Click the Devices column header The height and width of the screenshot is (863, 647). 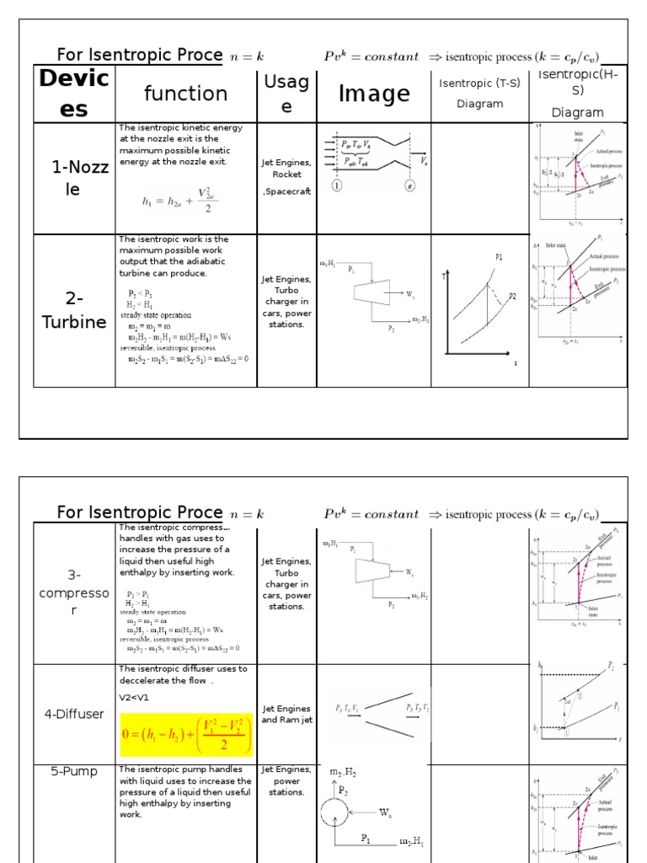tap(74, 93)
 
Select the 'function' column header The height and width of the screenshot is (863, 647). tap(185, 93)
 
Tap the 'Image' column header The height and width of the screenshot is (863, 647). tap(373, 94)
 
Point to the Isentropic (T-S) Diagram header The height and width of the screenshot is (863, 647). tap(479, 93)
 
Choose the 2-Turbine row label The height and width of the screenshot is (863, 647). tap(74, 310)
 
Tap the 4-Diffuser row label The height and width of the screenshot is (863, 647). tap(74, 714)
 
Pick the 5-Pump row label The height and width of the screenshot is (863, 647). tap(74, 771)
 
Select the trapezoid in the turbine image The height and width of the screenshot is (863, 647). tap(370, 293)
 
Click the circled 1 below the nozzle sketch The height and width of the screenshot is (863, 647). tap(336, 187)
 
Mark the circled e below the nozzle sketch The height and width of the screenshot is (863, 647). tap(410, 187)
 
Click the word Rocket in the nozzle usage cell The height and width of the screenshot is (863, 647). tap(286, 174)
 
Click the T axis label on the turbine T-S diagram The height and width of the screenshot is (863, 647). tap(444, 276)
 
